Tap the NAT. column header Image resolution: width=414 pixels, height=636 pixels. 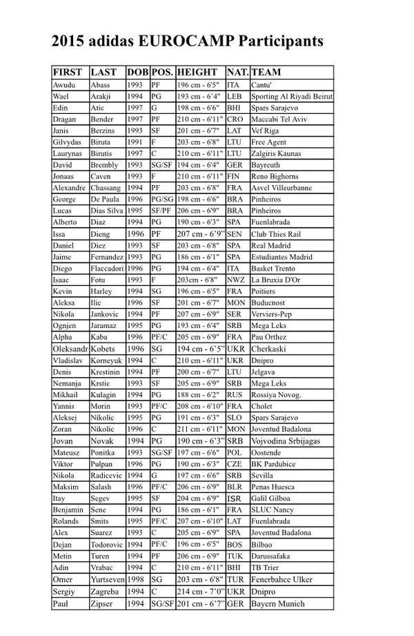click(x=237, y=73)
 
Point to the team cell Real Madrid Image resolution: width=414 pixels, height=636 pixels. click(x=272, y=245)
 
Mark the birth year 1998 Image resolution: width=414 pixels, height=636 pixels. click(x=135, y=579)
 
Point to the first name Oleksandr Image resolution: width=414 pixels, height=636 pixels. click(x=70, y=349)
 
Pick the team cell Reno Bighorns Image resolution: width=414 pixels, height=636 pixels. click(x=275, y=176)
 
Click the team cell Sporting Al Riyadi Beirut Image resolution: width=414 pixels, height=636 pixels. click(x=292, y=96)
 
